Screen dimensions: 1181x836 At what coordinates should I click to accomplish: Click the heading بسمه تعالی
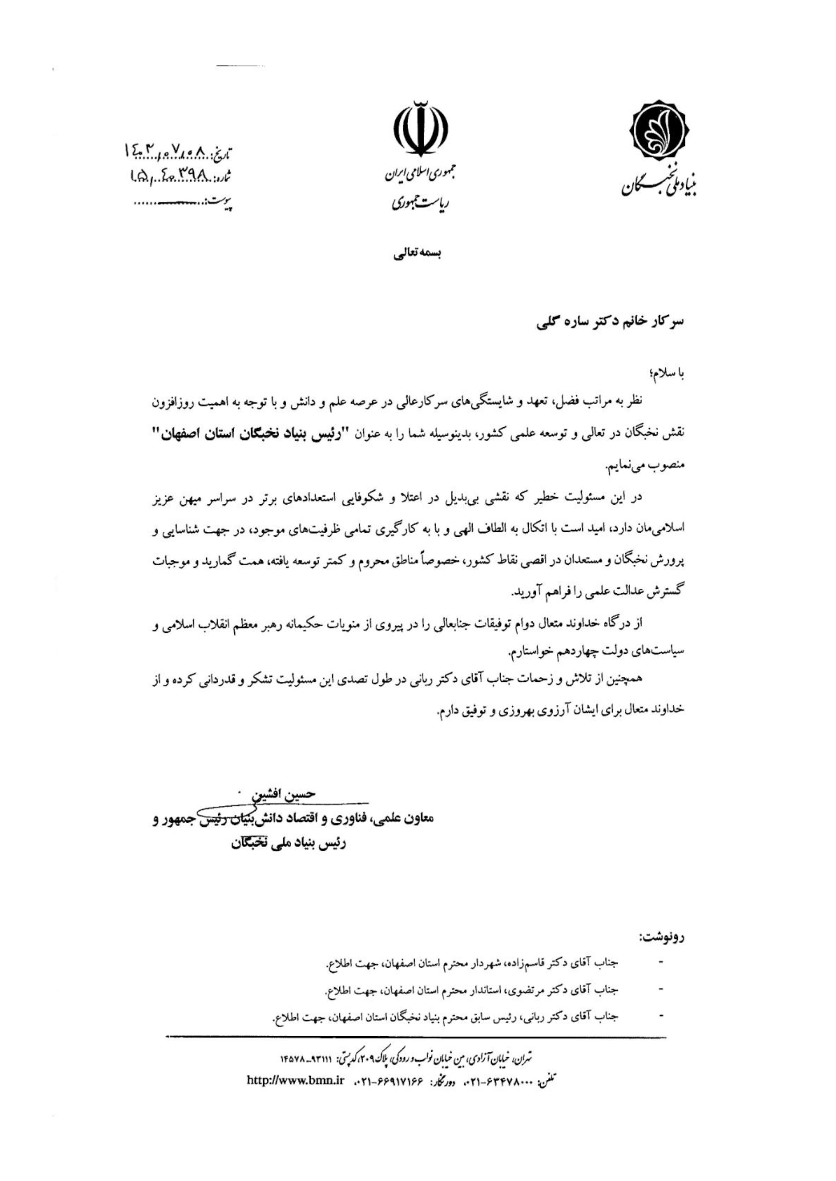coord(417,254)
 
